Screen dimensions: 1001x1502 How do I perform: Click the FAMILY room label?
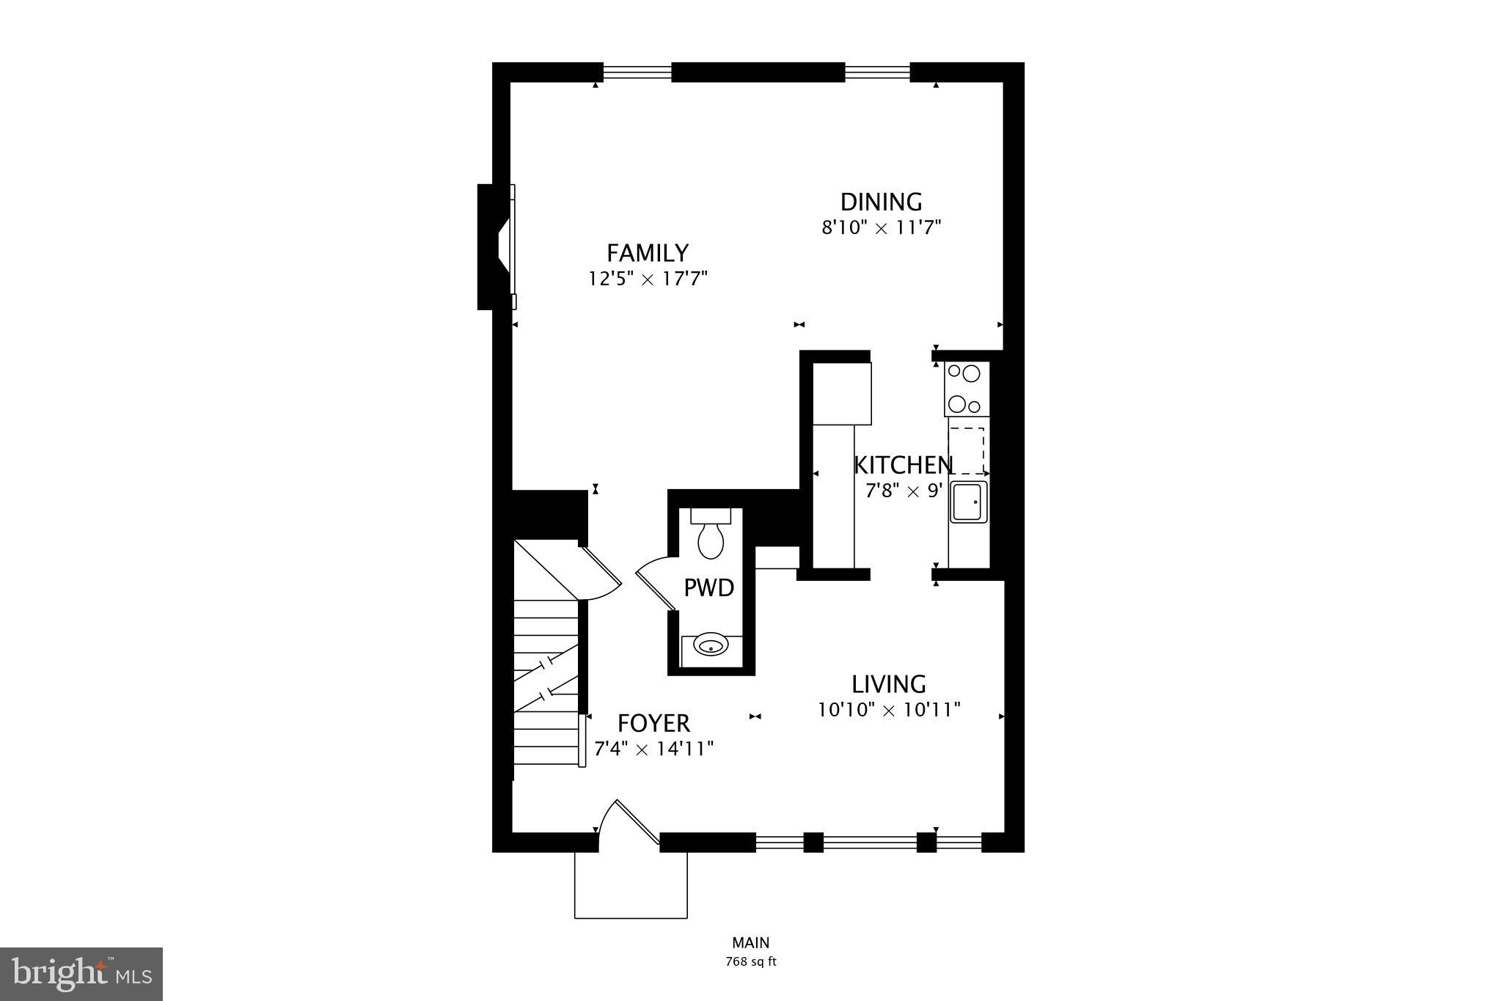tap(648, 253)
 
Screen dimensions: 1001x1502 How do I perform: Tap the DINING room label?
tap(881, 202)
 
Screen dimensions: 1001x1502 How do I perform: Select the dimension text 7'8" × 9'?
tap(904, 491)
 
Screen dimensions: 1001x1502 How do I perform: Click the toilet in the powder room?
tap(711, 535)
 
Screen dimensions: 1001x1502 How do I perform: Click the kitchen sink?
tap(968, 502)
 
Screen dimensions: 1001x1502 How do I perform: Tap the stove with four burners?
tap(967, 389)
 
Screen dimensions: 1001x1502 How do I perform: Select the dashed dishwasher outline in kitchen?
tap(967, 450)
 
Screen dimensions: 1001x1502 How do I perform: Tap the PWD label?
tap(708, 588)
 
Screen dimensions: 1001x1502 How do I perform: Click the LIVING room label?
tap(888, 684)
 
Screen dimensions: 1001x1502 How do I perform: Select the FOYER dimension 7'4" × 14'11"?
tap(653, 749)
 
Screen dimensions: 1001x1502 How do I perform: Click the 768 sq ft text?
tap(750, 961)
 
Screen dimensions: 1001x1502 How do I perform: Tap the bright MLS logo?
tap(81, 974)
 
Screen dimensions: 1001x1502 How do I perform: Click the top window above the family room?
tap(637, 72)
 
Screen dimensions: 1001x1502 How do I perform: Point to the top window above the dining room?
tap(877, 72)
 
